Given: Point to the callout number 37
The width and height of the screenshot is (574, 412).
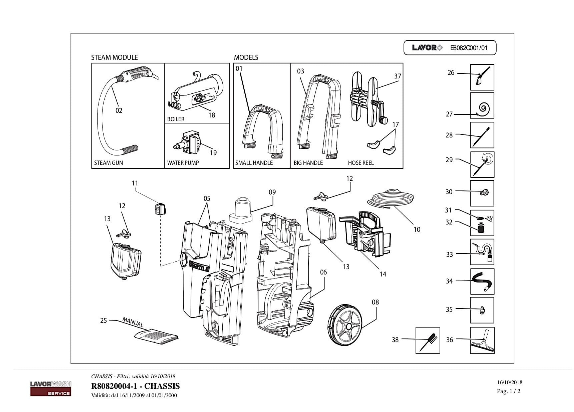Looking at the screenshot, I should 398,76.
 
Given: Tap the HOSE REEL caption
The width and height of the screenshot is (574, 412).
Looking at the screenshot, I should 361,163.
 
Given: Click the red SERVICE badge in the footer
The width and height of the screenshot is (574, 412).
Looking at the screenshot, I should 51,393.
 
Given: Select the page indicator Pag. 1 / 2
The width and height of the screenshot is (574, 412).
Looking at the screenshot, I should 508,391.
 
